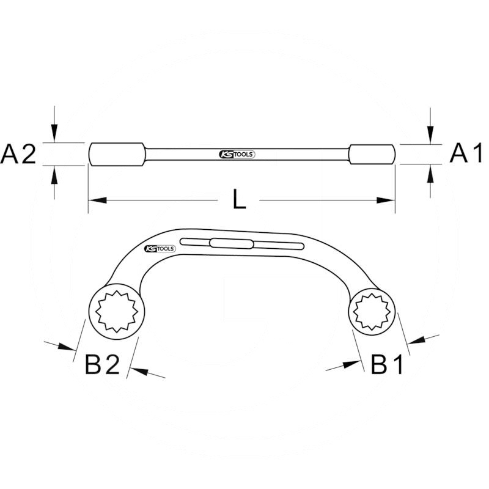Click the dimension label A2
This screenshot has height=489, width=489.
click(18, 154)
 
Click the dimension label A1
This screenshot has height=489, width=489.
click(467, 154)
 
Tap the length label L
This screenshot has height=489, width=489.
click(240, 200)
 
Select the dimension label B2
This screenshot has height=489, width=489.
click(102, 365)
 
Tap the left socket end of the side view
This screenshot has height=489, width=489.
click(117, 154)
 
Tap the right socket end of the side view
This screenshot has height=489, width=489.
click(372, 154)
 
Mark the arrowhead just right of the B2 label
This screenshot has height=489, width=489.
click(138, 369)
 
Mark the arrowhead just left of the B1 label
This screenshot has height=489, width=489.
click(351, 364)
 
